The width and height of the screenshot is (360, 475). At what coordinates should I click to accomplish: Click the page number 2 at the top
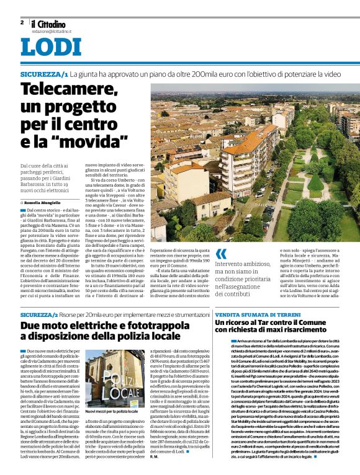[x=22, y=22]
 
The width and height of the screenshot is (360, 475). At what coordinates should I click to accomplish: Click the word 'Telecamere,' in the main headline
[x=68, y=91]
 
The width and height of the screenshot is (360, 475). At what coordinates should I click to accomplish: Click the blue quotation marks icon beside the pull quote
[x=220, y=254]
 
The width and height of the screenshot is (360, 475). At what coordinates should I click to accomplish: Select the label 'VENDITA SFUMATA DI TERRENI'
[x=251, y=316]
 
